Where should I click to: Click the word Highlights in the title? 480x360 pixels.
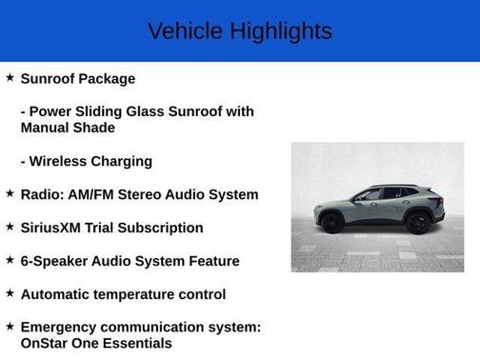pyautogui.click(x=281, y=31)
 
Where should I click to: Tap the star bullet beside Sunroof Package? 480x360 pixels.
pyautogui.click(x=10, y=77)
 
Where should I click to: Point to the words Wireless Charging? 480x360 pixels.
pyautogui.click(x=91, y=161)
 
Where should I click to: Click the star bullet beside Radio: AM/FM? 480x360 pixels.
pyautogui.click(x=10, y=193)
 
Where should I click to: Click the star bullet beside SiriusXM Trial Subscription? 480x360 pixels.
pyautogui.click(x=10, y=227)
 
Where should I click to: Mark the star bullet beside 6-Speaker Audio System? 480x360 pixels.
pyautogui.click(x=10, y=260)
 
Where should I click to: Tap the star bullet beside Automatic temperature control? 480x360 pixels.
pyautogui.click(x=10, y=293)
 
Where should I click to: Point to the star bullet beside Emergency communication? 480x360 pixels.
pyautogui.click(x=10, y=327)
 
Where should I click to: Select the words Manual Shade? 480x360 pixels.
pyautogui.click(x=68, y=128)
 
